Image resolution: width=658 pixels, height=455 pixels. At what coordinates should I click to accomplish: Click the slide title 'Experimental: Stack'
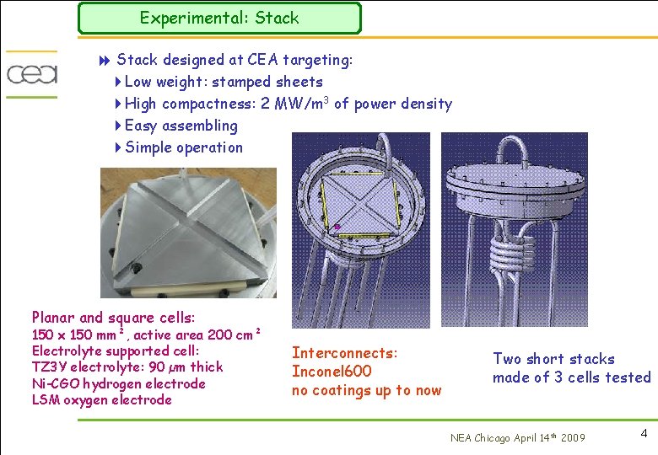pyautogui.click(x=218, y=18)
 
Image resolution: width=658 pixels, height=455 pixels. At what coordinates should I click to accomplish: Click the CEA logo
pyautogui.click(x=32, y=73)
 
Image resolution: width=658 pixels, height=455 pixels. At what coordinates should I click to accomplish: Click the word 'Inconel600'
pyautogui.click(x=332, y=372)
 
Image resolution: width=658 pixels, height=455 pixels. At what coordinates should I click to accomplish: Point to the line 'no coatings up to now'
pyautogui.click(x=366, y=390)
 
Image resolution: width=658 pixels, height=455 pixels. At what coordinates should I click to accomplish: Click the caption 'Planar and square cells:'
pyautogui.click(x=113, y=318)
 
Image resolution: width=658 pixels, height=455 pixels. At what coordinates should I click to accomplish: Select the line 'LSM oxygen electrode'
pyautogui.click(x=101, y=400)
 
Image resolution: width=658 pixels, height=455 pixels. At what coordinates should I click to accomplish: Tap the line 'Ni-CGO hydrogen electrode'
pyautogui.click(x=118, y=383)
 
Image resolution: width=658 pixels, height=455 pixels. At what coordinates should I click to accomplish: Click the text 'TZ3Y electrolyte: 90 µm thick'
pyautogui.click(x=127, y=367)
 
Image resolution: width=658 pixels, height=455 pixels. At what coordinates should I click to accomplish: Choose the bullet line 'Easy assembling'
pyautogui.click(x=181, y=126)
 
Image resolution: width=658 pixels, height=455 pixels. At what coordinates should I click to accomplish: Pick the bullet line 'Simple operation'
pyautogui.click(x=183, y=147)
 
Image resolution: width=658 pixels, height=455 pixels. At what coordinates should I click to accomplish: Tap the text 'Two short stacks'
pyautogui.click(x=553, y=359)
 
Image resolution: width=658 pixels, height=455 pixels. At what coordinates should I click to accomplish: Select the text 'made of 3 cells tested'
pyautogui.click(x=571, y=377)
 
